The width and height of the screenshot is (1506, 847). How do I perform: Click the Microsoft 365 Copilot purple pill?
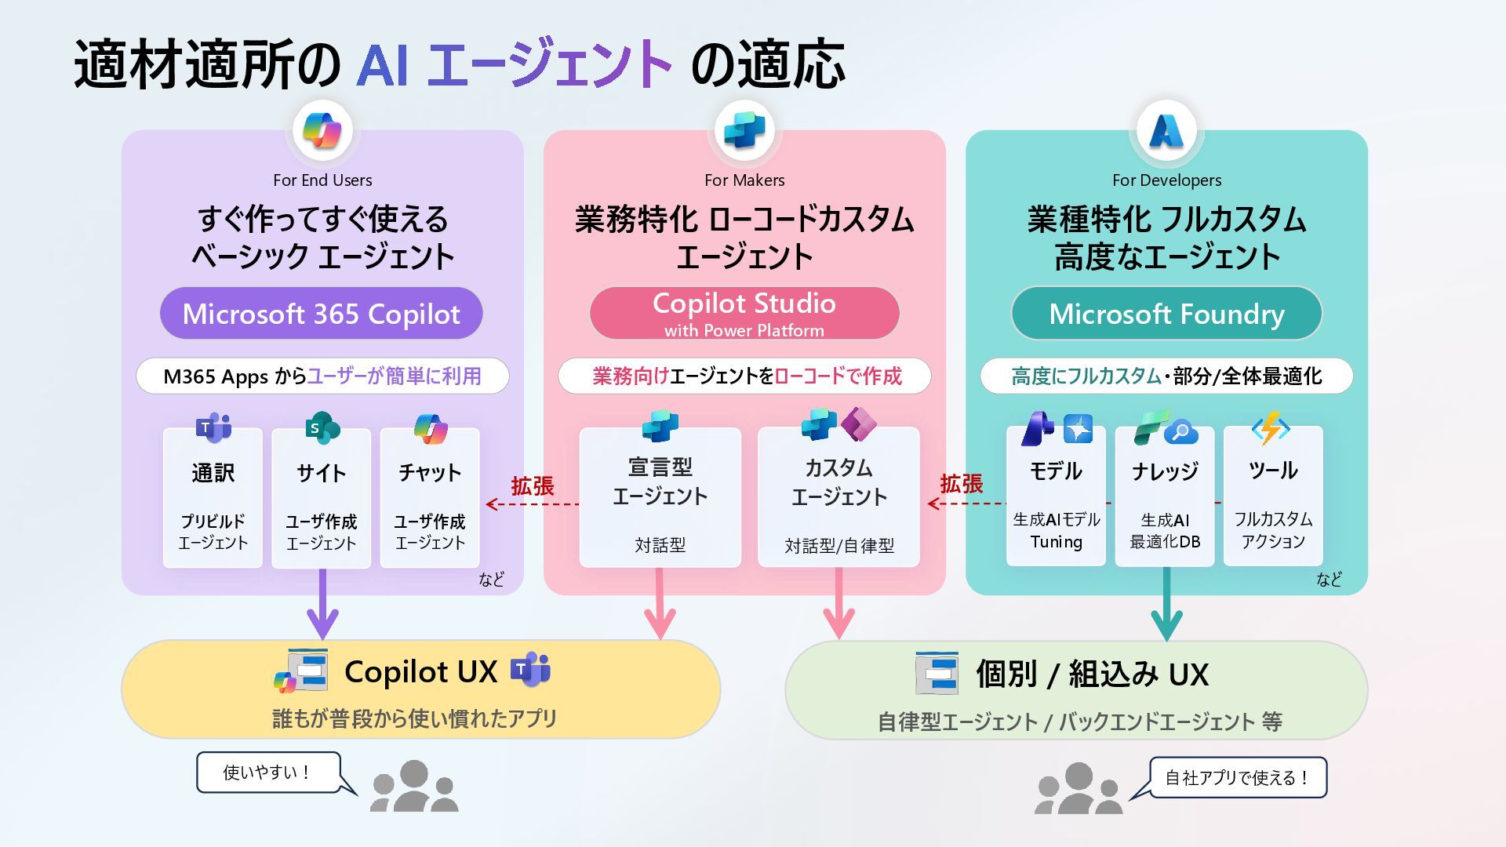tap(321, 314)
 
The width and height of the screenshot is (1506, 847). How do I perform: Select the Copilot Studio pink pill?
tap(744, 313)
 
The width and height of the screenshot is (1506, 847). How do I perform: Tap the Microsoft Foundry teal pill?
tap(1166, 314)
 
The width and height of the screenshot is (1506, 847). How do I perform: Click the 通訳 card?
tap(213, 497)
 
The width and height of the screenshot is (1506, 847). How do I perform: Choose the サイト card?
tap(321, 497)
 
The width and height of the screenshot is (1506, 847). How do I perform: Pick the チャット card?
tap(429, 497)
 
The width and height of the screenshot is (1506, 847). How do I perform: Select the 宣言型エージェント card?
tap(660, 497)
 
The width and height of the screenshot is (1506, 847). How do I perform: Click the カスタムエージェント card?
tap(838, 497)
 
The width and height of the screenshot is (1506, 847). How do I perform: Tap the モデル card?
tap(1056, 497)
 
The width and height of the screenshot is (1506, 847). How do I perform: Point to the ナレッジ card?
tap(1165, 497)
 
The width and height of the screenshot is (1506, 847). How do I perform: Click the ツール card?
tap(1273, 497)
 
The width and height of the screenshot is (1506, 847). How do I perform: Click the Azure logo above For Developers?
tap(1166, 130)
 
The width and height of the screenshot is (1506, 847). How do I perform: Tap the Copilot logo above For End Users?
tap(322, 130)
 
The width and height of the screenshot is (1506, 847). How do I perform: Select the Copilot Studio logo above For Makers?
tap(744, 130)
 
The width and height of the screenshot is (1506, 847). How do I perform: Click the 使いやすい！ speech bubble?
tap(268, 772)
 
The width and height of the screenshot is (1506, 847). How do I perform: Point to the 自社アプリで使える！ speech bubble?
tap(1237, 777)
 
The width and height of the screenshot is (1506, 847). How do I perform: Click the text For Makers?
tap(744, 180)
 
